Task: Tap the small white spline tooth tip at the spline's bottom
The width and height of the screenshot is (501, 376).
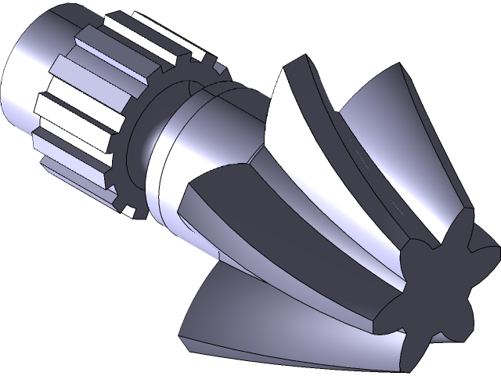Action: pyautogui.click(x=126, y=208)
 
